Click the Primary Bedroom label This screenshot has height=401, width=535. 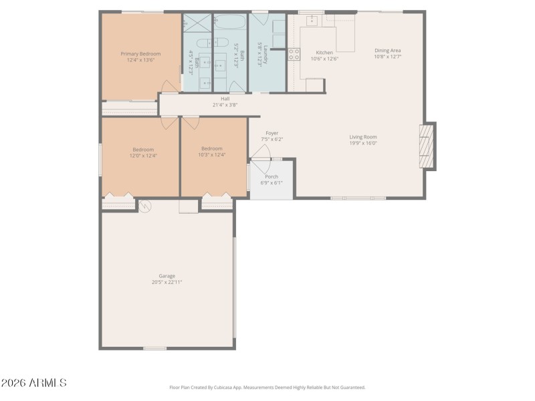pos(140,53)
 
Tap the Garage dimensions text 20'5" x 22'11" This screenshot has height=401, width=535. pos(167,282)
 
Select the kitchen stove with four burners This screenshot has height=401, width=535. pos(294,54)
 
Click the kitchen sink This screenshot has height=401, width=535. pos(311,20)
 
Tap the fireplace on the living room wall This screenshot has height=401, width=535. pos(425,146)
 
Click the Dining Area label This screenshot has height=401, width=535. pos(387,50)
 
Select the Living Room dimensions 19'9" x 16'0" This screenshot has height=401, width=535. pos(363,143)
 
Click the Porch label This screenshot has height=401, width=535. pos(272,176)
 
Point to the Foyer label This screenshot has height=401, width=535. pos(272,133)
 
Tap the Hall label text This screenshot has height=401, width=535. pos(225,99)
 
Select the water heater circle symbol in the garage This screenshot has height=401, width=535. pos(144,206)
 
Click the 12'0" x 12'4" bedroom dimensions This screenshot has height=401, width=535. pos(143,155)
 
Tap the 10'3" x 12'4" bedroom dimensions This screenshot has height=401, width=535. pos(211,154)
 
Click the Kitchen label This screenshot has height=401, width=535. pos(324,52)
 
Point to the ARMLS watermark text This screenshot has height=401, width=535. pos(33,383)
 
